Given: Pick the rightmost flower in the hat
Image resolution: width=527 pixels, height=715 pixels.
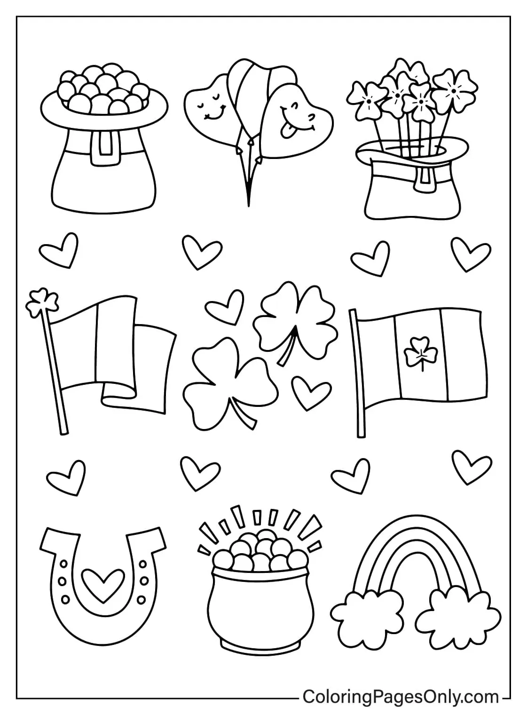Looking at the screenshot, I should (x=452, y=87).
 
